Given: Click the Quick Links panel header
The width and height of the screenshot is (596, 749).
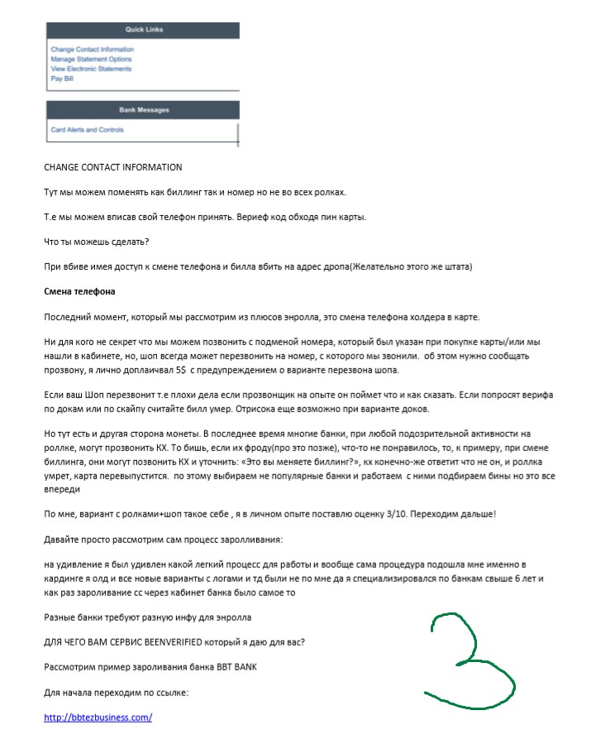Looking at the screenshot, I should pyautogui.click(x=144, y=30).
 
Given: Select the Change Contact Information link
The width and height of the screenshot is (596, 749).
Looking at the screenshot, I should pyautogui.click(x=92, y=50).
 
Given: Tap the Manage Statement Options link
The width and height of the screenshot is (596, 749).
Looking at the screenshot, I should pyautogui.click(x=91, y=60).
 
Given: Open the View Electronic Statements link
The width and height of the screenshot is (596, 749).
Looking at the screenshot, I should pyautogui.click(x=90, y=69).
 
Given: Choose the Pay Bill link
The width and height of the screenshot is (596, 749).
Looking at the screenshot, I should pyautogui.click(x=62, y=78).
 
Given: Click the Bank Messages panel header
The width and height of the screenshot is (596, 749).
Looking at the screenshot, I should pyautogui.click(x=144, y=110).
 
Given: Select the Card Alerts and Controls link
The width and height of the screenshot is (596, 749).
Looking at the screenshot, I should pyautogui.click(x=88, y=130).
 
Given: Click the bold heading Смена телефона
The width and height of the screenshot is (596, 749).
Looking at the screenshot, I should pyautogui.click(x=79, y=292).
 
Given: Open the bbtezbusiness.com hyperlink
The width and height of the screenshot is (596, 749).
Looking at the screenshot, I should pyautogui.click(x=98, y=718).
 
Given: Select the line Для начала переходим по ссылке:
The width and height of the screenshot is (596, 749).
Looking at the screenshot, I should pyautogui.click(x=117, y=693).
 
